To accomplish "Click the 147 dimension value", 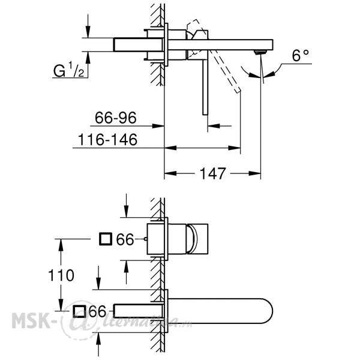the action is tap(213, 173).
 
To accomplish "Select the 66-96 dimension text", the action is tap(116, 118).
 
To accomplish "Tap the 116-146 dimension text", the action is tap(107, 139).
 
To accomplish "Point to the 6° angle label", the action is tap(300, 55).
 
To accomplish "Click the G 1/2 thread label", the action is tap(68, 70).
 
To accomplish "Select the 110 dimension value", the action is tap(61, 275).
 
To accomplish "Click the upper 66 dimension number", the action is tap(125, 239).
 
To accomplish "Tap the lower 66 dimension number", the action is tap(98, 311).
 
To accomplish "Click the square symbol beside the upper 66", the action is tap(106, 239).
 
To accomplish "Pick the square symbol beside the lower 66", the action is tap(79, 311).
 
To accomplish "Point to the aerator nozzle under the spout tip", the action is tap(260, 52).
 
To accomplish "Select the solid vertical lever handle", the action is tap(205, 88).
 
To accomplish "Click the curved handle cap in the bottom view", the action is tap(193, 239).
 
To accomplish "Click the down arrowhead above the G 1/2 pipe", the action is tap(88, 32).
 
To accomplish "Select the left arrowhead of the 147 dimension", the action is tap(170, 173).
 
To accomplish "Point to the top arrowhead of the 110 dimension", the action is tap(61, 245).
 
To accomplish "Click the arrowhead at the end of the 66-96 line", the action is tap(158, 126).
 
